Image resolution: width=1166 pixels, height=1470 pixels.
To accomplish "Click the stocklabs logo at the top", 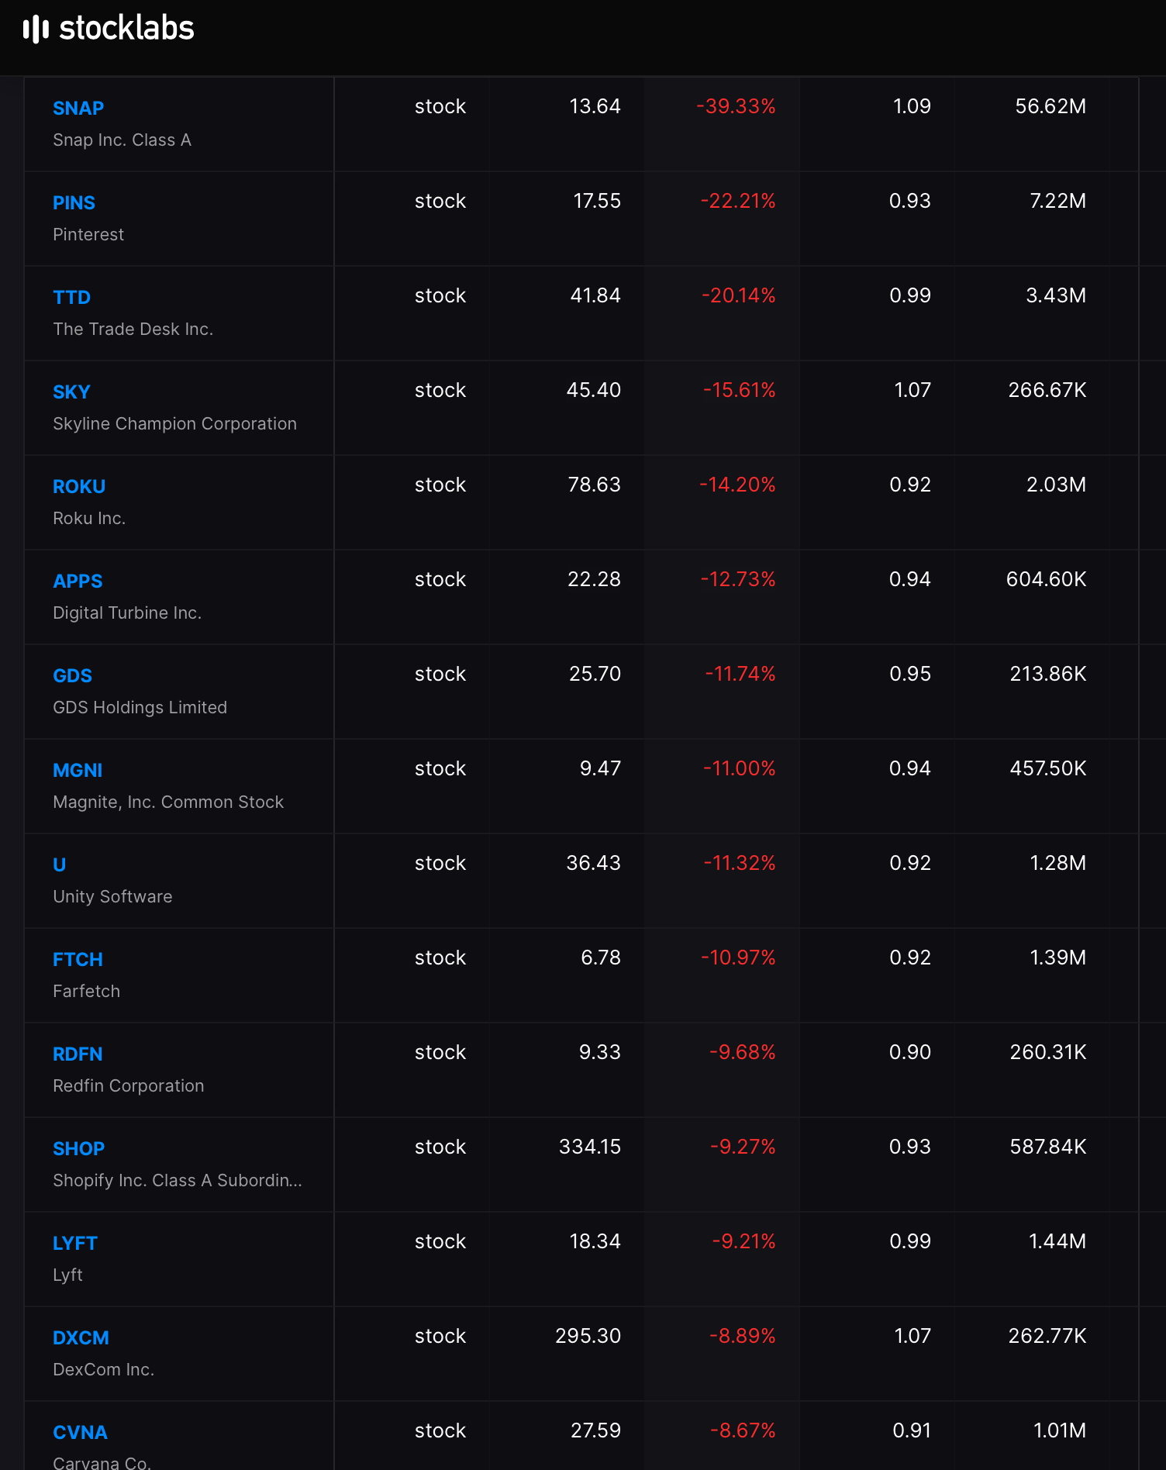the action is click(109, 29).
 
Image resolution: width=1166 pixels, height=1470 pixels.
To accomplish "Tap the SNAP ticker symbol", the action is click(78, 109).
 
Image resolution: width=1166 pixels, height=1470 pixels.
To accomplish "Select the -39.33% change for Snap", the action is click(736, 107).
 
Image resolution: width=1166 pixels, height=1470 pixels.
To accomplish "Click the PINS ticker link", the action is click(74, 203).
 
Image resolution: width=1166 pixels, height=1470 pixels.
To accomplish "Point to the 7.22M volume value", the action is click(1057, 202).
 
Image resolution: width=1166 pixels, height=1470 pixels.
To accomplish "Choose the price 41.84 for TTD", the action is click(595, 296).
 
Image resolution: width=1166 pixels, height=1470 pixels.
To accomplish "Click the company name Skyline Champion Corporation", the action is click(174, 424).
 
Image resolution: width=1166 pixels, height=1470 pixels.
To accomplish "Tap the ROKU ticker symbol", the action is click(79, 487).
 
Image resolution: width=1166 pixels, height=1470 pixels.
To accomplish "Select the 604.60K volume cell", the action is click(1046, 580).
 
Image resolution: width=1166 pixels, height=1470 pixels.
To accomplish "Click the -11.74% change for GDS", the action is click(740, 675).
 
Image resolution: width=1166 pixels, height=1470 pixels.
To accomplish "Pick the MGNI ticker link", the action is click(78, 771).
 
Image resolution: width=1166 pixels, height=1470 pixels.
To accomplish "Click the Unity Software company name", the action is click(112, 897).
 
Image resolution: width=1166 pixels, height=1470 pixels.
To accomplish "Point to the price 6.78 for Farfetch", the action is click(601, 958).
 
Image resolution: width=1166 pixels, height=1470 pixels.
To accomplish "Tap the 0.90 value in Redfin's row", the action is click(910, 1053).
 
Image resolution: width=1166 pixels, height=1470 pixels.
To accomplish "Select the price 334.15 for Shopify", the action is click(590, 1147).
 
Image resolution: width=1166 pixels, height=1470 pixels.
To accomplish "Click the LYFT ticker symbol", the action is click(75, 1244).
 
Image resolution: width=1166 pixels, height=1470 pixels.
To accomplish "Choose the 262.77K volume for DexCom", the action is click(1047, 1337).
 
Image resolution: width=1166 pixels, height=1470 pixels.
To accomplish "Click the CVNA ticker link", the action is click(80, 1433).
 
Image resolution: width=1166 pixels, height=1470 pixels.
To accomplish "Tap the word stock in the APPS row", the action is click(440, 580).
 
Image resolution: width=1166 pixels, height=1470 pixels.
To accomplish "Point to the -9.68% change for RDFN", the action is click(743, 1053).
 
